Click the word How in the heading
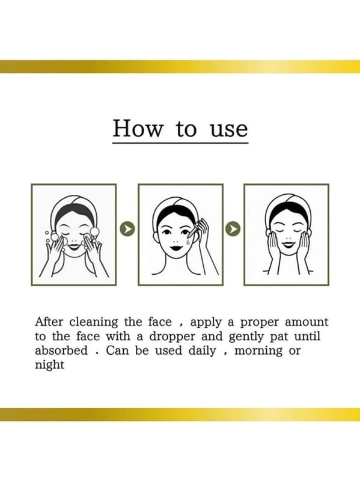click(138, 128)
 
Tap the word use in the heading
click(229, 130)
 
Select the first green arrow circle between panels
click(127, 228)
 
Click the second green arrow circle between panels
click(233, 228)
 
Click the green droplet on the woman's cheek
click(188, 242)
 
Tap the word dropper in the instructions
click(172, 337)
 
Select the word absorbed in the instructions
click(61, 351)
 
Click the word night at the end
click(50, 366)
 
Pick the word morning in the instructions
click(258, 352)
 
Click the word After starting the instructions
click(49, 322)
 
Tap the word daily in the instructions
click(202, 351)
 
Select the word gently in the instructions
click(246, 337)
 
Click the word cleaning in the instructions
click(94, 323)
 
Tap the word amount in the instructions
click(307, 322)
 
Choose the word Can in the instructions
click(117, 351)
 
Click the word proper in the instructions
click(260, 323)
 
